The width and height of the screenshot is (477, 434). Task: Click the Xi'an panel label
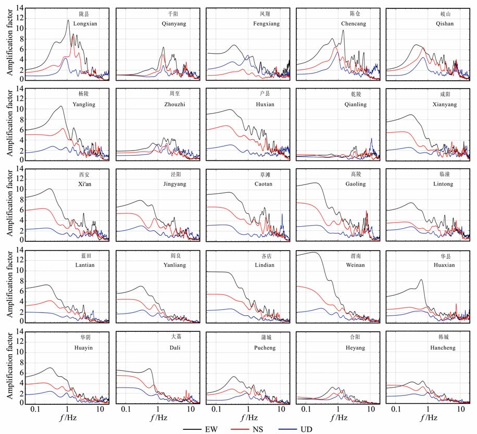[85, 184]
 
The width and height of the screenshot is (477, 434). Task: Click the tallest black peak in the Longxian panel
[68, 20]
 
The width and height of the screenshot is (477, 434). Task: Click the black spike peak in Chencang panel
[343, 30]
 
